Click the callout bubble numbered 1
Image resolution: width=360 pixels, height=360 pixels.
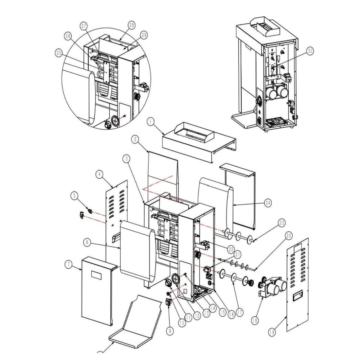click(151, 122)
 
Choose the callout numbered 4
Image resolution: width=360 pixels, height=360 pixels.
click(99, 174)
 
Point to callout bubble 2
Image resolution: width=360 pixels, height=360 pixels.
click(134, 139)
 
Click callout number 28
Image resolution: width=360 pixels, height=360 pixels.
click(131, 25)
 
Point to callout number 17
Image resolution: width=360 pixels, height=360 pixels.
click(240, 312)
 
